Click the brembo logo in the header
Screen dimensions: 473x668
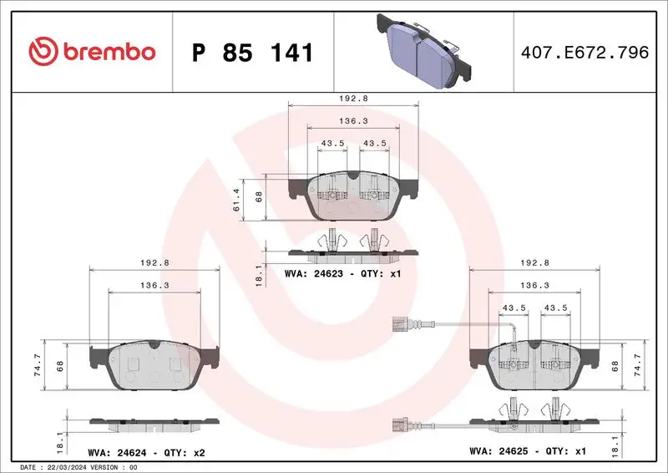(x=92, y=52)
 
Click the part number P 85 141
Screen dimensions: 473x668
(x=252, y=53)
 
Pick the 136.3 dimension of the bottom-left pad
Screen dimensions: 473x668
(x=155, y=285)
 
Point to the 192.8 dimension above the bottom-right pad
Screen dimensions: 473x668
(x=534, y=262)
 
